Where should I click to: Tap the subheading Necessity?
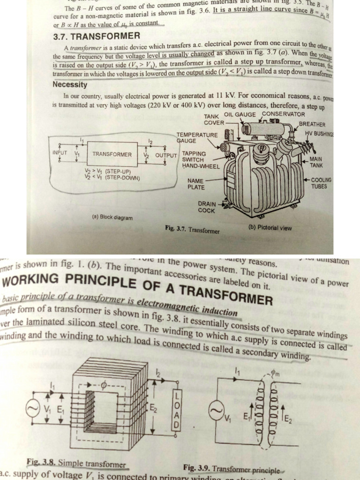(70, 85)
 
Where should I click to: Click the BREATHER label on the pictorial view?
(312, 124)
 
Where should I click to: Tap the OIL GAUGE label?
(240, 114)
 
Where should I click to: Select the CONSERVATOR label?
(283, 114)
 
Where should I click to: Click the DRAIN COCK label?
(207, 207)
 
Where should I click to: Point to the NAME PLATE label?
(195, 184)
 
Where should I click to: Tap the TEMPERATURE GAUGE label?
(197, 137)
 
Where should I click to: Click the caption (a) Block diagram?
(112, 217)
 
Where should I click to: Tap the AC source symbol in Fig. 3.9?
(216, 411)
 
